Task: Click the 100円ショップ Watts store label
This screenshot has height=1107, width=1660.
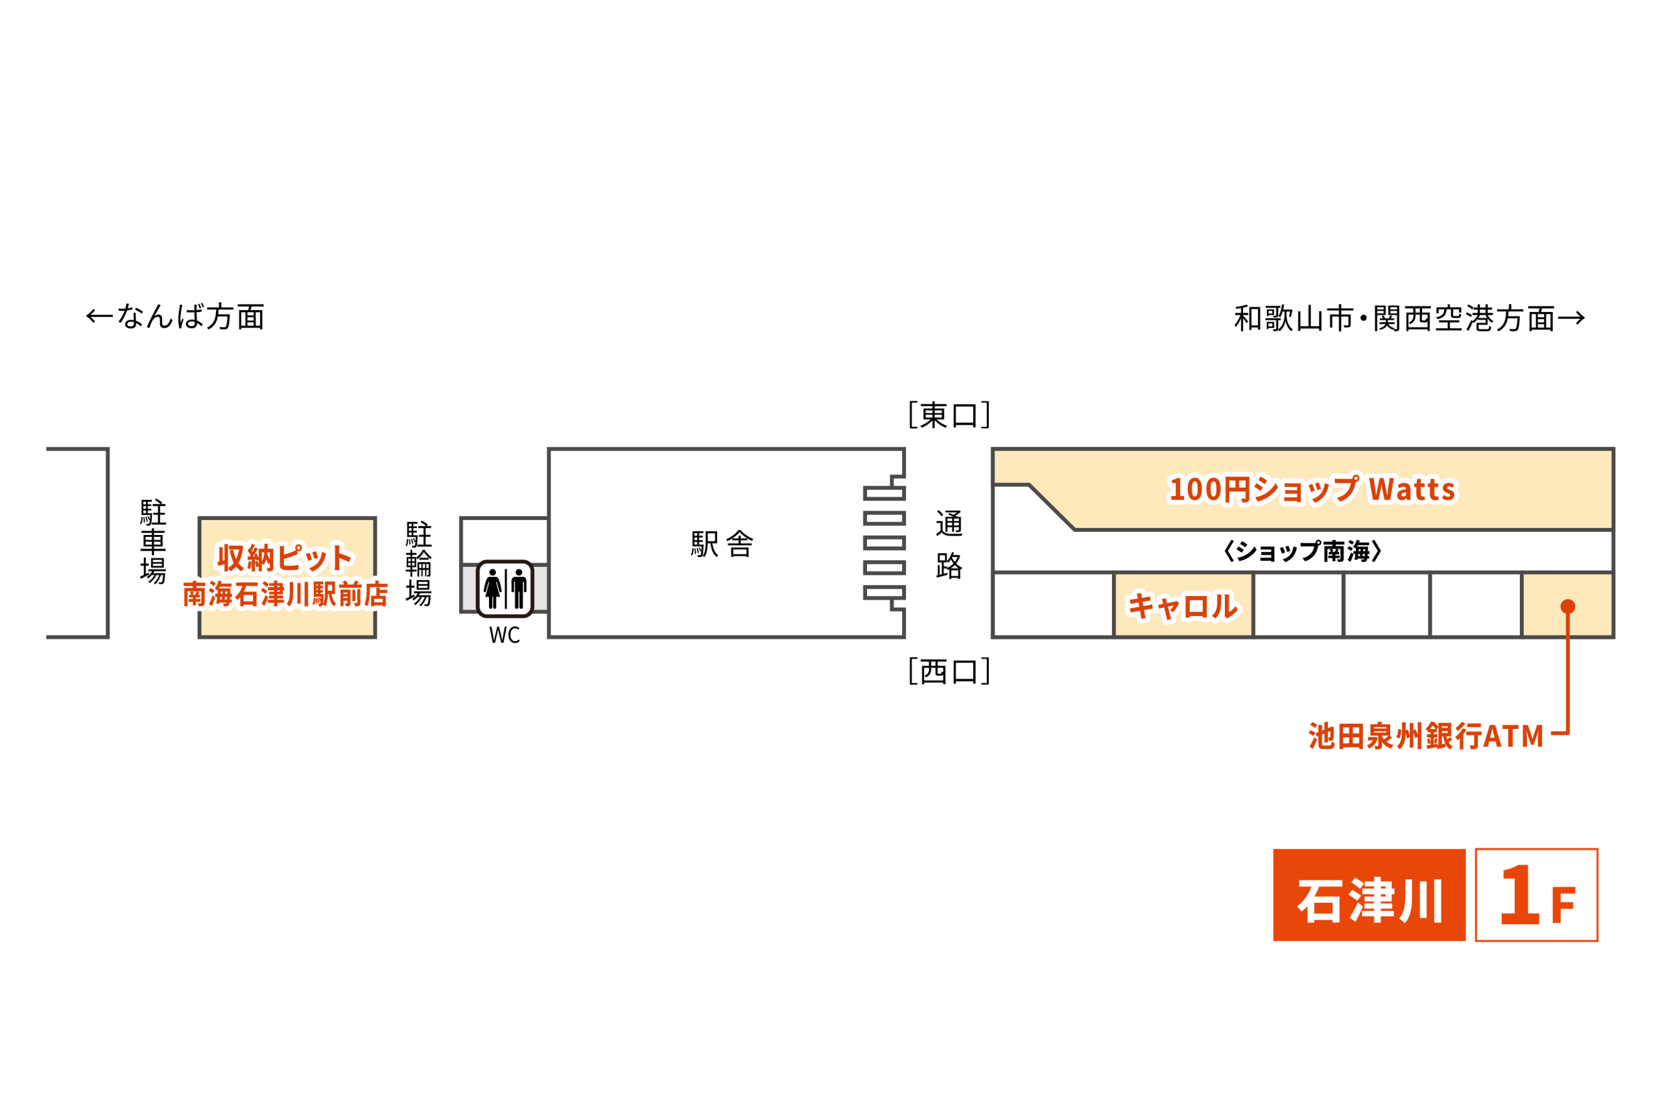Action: tap(1312, 488)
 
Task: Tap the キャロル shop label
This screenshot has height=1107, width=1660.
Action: tap(1182, 606)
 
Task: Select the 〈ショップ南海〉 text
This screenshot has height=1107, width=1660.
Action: tap(1302, 551)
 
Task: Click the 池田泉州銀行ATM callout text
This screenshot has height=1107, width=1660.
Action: tap(1427, 735)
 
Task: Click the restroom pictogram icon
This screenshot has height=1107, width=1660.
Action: tap(504, 589)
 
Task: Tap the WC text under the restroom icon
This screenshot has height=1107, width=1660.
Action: tap(504, 636)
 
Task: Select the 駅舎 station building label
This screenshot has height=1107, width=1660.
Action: tap(722, 543)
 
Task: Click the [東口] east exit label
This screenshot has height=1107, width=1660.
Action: tap(949, 415)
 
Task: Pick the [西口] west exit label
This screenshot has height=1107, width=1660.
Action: tap(949, 671)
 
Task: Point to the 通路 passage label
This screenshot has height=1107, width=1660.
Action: tap(949, 544)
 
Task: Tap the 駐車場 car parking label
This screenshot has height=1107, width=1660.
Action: tap(153, 542)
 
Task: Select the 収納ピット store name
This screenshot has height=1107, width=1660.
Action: tap(285, 558)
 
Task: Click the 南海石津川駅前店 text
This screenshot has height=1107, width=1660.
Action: tap(285, 595)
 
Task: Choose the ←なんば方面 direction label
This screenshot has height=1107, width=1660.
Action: tap(175, 316)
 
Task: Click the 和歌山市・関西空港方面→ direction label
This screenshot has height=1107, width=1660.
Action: tap(1410, 318)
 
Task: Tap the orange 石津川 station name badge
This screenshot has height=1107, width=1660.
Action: tap(1369, 894)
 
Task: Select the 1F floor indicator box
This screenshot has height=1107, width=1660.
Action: tap(1537, 894)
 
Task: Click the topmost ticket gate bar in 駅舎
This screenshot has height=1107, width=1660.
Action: tap(884, 494)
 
